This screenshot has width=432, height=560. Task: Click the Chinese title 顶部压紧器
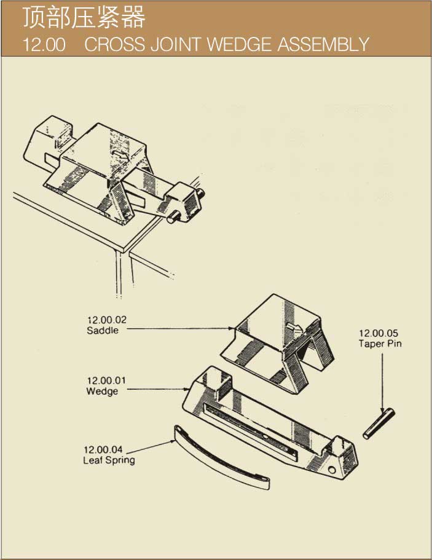click(x=84, y=17)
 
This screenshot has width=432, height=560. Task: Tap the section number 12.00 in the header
click(x=44, y=45)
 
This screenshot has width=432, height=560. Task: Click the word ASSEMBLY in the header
click(x=323, y=44)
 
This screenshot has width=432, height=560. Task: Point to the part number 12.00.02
click(x=107, y=320)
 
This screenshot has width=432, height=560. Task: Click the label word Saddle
click(x=103, y=330)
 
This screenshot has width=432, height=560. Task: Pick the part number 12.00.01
click(x=106, y=381)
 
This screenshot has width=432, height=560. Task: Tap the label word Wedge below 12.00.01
click(x=102, y=392)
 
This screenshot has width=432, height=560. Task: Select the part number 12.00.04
click(x=103, y=449)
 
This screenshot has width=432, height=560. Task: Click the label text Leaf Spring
click(x=109, y=460)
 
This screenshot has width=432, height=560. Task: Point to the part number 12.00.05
click(x=379, y=333)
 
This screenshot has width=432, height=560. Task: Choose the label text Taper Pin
click(x=380, y=344)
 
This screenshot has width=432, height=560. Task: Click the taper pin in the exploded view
click(x=379, y=424)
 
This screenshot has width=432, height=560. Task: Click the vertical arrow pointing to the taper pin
click(x=382, y=382)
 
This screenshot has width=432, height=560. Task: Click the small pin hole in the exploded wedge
click(x=332, y=470)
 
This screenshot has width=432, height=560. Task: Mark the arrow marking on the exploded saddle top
click(x=294, y=327)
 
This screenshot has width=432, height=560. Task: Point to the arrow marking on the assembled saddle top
click(x=120, y=156)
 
